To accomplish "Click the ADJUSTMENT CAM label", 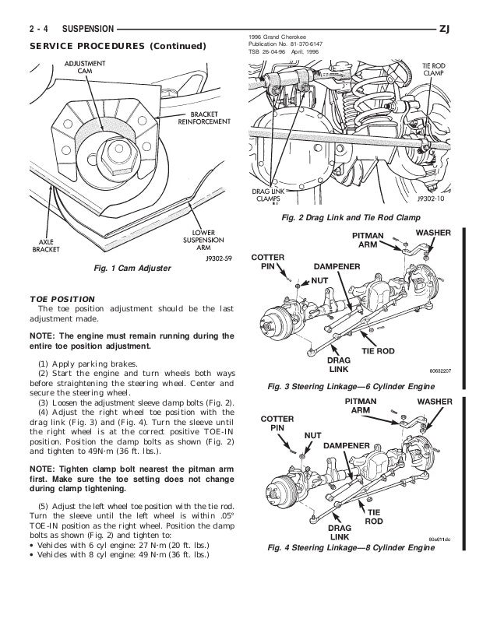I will point(86,68).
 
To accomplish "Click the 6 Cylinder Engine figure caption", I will point(361,386).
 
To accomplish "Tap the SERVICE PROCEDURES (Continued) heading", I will point(118,46).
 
